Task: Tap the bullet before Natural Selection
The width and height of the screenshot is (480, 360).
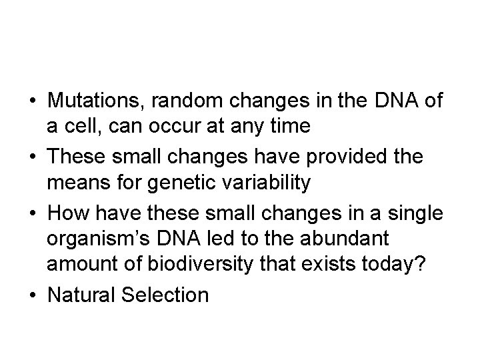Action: click(x=32, y=294)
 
